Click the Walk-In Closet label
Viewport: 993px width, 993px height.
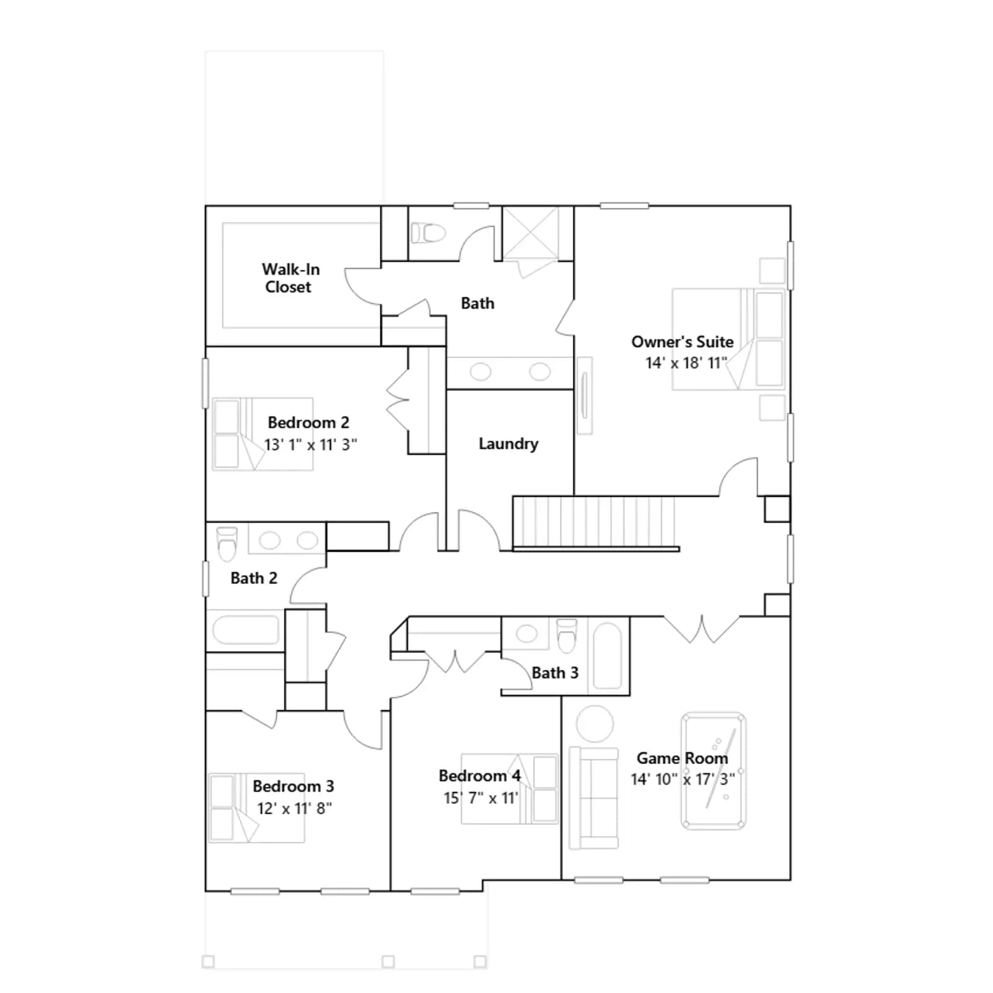click(290, 278)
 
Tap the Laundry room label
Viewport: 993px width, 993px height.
click(508, 444)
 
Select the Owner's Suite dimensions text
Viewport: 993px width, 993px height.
click(686, 363)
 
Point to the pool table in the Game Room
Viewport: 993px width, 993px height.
click(714, 771)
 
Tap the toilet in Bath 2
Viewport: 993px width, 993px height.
click(227, 544)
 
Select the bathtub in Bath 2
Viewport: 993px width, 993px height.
click(246, 631)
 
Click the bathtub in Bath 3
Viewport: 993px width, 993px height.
click(608, 655)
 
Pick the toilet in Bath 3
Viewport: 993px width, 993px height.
click(567, 636)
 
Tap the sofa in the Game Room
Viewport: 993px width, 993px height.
click(594, 798)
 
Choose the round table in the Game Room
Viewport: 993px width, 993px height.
click(595, 724)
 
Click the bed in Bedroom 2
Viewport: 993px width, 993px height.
click(263, 434)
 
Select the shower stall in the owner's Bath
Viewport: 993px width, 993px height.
click(530, 234)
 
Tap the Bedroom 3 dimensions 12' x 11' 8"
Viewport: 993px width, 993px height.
click(294, 809)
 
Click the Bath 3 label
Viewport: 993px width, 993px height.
click(555, 673)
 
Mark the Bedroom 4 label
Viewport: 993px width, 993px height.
click(480, 776)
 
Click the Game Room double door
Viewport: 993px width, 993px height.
click(702, 629)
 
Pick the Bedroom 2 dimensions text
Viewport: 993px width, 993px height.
click(310, 445)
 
